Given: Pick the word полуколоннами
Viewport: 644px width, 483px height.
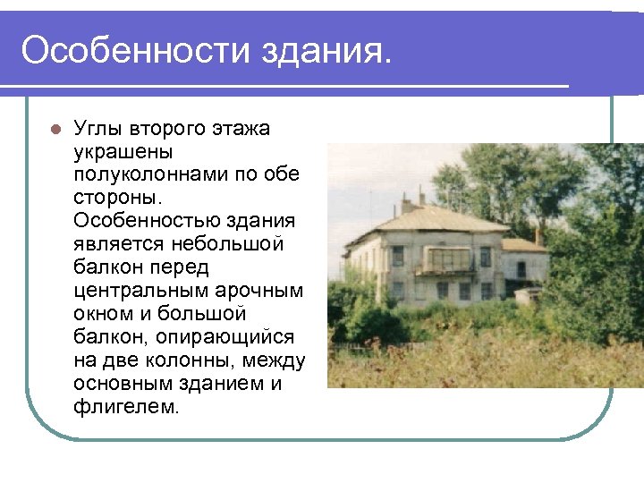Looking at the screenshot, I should [x=151, y=174].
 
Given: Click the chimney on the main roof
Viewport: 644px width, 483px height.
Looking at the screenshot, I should [x=420, y=196].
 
